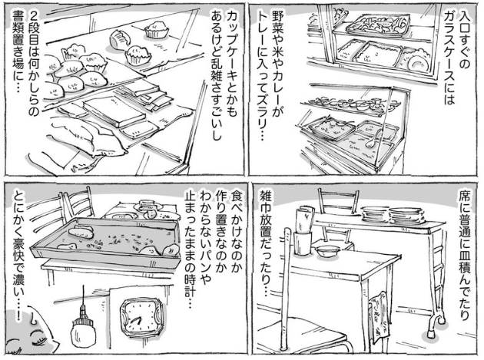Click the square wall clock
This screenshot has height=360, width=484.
[141, 319]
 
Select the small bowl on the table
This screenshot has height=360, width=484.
[327, 251]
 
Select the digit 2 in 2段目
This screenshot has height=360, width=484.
[33, 15]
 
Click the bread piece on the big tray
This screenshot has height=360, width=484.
[81, 233]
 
